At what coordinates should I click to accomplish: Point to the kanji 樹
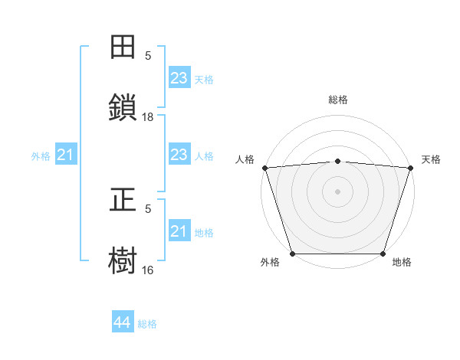123,260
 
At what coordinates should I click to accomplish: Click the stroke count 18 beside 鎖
148,116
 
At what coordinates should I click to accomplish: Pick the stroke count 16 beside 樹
148,270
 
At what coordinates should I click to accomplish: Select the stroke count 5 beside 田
148,56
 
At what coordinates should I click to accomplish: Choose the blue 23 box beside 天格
179,78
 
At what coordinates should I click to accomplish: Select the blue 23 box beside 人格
179,155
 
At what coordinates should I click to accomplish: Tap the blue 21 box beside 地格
179,231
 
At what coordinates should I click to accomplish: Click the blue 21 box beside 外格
66,155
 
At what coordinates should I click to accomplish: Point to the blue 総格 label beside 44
147,324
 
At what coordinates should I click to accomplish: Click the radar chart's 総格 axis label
338,100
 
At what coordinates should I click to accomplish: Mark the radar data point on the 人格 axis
264,167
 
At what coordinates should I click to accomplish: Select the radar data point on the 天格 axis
411,167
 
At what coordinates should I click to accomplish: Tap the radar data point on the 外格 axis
292,254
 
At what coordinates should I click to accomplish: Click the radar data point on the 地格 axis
383,254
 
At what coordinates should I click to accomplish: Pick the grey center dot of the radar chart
338,191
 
